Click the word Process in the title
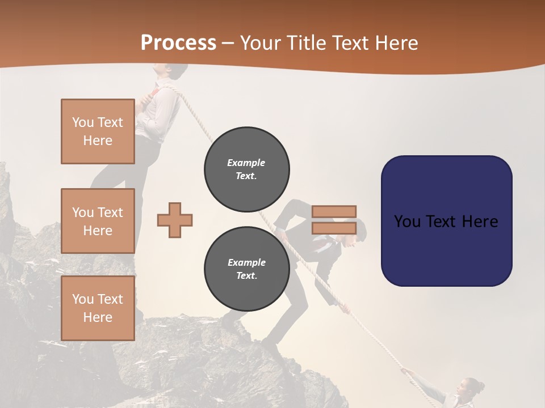coord(178,43)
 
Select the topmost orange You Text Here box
coord(98,131)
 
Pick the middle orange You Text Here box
coord(98,221)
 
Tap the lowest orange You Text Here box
coord(98,308)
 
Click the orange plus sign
coord(175,220)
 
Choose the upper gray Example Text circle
coord(246,169)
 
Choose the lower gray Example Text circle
coord(246,269)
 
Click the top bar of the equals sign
coord(334,211)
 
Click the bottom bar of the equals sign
coord(334,228)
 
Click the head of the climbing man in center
coord(357,235)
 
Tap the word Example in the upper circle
coord(246,163)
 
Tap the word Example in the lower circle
coord(246,262)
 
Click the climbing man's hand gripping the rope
coord(344,308)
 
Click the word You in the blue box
coord(406,221)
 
